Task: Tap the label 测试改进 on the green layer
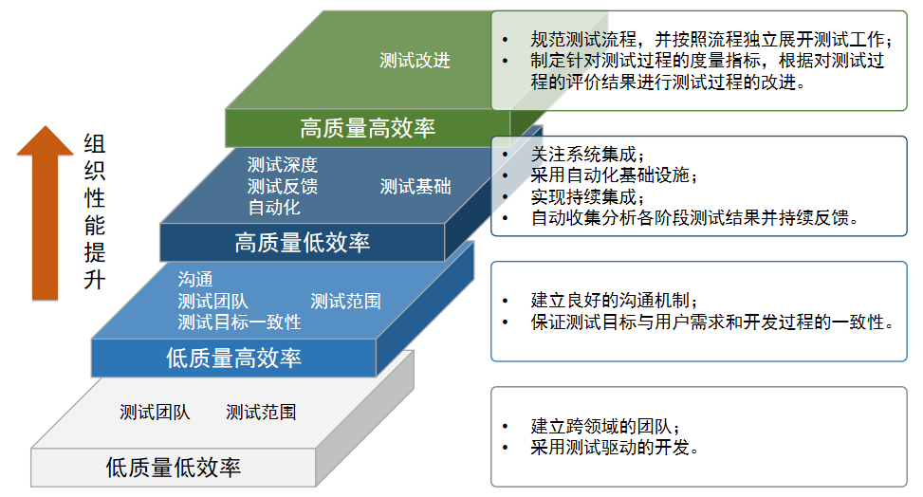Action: (415, 61)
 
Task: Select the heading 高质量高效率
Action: (367, 128)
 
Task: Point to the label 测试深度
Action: (282, 166)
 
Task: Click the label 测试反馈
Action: (282, 186)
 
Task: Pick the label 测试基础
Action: (415, 187)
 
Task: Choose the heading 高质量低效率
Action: (303, 243)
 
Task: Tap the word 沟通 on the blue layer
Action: (195, 280)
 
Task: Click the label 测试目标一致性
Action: (239, 322)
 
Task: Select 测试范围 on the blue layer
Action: (345, 302)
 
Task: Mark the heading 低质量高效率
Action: (233, 358)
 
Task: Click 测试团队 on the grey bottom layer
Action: (155, 413)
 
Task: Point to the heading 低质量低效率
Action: (173, 468)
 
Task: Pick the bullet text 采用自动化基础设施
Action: (614, 175)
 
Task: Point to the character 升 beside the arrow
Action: (94, 281)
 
